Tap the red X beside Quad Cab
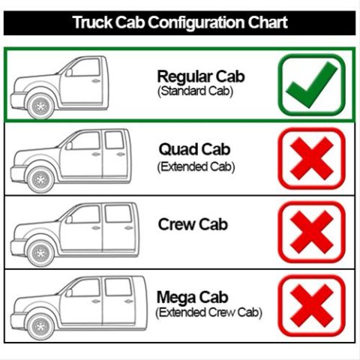tap(312, 158)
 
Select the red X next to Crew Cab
tap(312, 232)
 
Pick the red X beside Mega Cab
tap(312, 305)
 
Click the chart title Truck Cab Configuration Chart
tap(180, 22)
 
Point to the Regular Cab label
tap(201, 76)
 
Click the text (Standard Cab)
tap(195, 91)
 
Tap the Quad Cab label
tap(194, 149)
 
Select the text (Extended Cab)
tap(196, 167)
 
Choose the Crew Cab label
tap(193, 224)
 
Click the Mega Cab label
tap(192, 298)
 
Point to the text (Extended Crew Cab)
tap(208, 313)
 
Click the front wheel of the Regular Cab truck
tap(40, 106)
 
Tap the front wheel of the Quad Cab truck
tap(40, 180)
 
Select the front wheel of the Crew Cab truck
tap(40, 253)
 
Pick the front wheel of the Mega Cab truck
tap(40, 327)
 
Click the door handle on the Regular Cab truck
tap(96, 81)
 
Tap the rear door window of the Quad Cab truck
tap(114, 140)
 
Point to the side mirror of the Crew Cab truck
tap(69, 220)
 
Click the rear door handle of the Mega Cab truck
tap(128, 301)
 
